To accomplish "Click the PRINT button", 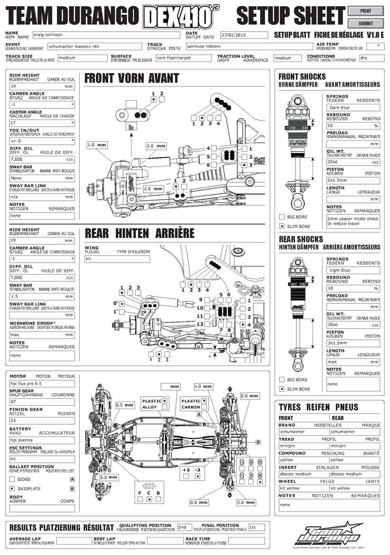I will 366,11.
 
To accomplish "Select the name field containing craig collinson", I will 106,35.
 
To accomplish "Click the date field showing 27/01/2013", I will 243,35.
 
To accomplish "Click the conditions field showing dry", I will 371,58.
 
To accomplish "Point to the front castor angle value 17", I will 41,123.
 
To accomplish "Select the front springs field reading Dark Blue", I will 353,108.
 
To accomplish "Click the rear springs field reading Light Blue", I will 353,270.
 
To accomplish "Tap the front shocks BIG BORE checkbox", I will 282,217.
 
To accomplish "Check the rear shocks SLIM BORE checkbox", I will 282,389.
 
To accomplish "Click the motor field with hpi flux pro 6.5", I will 42,384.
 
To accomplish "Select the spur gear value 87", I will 42,402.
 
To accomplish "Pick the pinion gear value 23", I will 42,420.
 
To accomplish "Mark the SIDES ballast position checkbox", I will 12,479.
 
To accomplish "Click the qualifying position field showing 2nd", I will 184,527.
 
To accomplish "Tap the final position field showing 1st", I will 256,527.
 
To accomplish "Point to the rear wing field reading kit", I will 117,259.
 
